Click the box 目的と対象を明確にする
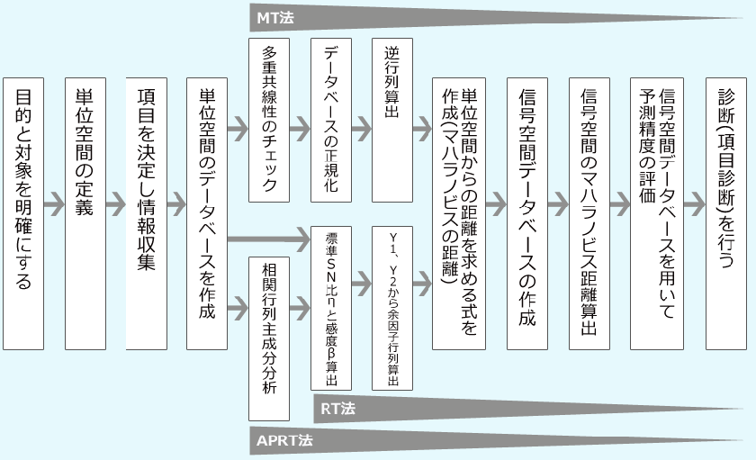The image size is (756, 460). click(x=23, y=212)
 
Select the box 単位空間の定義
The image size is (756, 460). click(x=85, y=212)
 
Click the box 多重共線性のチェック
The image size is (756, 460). click(x=269, y=117)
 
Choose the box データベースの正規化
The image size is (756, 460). click(x=330, y=117)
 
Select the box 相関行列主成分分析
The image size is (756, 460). click(x=269, y=338)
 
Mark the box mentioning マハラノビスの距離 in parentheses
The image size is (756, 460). click(x=458, y=212)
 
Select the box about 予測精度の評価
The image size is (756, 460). click(x=657, y=212)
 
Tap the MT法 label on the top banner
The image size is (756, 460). click(x=276, y=17)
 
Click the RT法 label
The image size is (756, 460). click(x=338, y=409)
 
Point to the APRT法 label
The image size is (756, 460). click(x=284, y=441)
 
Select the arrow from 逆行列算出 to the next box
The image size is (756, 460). click(x=421, y=128)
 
